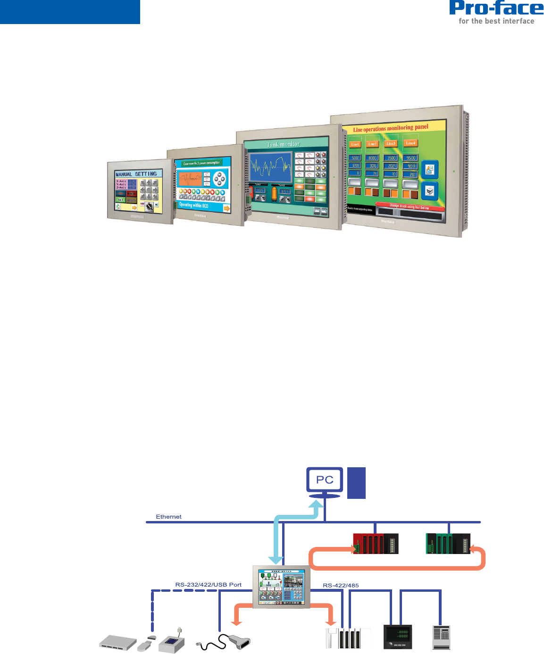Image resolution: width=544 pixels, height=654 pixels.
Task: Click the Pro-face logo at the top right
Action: coord(496,8)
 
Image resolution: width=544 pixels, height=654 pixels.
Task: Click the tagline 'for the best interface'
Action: coord(496,21)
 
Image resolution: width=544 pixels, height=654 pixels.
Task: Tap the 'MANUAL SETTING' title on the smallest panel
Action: coord(136,174)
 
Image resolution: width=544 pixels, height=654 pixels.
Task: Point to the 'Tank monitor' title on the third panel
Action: coord(283,144)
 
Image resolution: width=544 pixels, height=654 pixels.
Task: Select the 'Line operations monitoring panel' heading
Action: coord(391,128)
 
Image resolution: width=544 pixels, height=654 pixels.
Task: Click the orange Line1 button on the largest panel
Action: coord(355,144)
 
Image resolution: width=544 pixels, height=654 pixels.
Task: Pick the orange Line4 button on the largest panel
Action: coord(410,143)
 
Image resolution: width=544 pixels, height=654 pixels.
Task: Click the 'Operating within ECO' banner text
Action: coord(193,205)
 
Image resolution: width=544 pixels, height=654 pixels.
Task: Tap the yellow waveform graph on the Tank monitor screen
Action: coord(270,166)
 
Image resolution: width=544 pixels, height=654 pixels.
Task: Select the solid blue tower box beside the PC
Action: coord(357,483)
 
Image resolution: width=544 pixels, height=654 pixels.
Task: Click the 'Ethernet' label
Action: coord(169,517)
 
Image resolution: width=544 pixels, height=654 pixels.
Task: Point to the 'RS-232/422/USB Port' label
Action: coord(208,585)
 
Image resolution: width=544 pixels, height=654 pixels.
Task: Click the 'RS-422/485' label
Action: coord(341,586)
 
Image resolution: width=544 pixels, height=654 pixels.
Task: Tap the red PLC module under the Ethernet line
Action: coord(376,544)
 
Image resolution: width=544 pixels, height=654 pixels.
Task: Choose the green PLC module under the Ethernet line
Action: coord(448,544)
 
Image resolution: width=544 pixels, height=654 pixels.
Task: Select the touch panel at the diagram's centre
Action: coord(282,587)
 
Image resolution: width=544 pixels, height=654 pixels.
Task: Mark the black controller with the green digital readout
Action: coord(398,637)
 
